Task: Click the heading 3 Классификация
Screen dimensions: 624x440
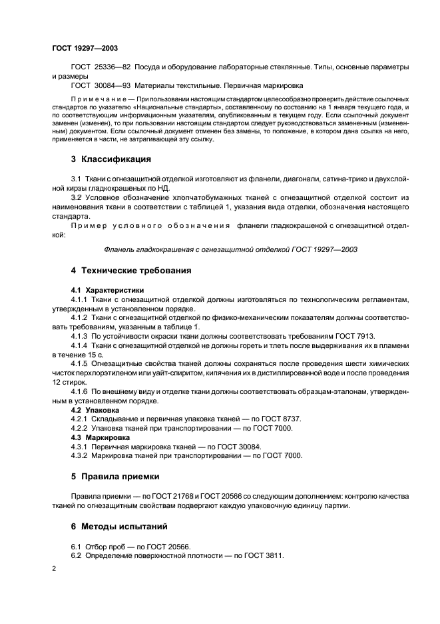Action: click(110, 159)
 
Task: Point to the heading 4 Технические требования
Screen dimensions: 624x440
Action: click(131, 271)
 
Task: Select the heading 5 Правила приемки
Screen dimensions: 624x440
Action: click(114, 477)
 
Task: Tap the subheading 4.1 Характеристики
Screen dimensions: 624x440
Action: click(107, 290)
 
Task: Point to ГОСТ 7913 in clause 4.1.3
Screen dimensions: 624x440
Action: click(356, 336)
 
